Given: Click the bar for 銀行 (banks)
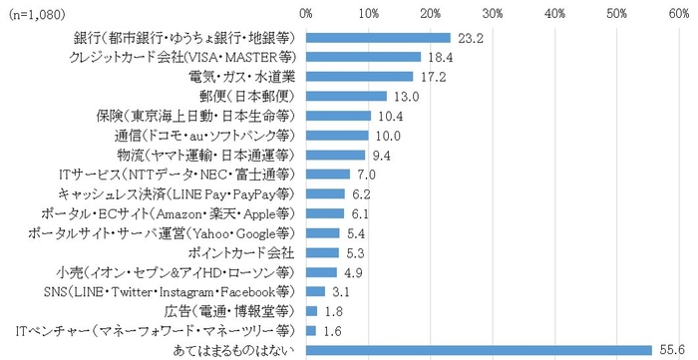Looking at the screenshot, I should pyautogui.click(x=377, y=37).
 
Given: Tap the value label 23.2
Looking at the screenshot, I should pyautogui.click(x=468, y=37).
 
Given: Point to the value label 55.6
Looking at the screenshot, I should pyautogui.click(x=669, y=349).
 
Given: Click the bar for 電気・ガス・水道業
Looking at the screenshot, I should pyautogui.click(x=359, y=76).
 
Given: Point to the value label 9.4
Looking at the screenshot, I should pyautogui.click(x=382, y=154).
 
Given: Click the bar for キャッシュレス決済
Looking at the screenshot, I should pyautogui.click(x=324, y=193).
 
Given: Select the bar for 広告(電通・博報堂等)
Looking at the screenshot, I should pyautogui.click(x=311, y=310).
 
